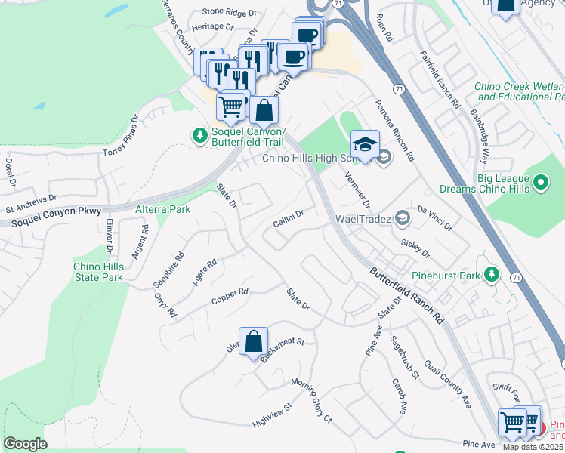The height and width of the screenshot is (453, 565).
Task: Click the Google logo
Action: pyautogui.click(x=26, y=443)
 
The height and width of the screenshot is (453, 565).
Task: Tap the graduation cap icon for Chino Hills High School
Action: pyautogui.click(x=365, y=144)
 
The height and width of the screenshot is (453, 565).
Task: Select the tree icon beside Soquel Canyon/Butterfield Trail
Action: pyautogui.click(x=199, y=135)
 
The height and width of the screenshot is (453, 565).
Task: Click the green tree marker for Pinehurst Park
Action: pyautogui.click(x=492, y=275)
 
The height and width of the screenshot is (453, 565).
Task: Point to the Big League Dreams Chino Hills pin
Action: pyautogui.click(x=541, y=182)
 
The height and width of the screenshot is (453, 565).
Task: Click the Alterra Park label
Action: pyautogui.click(x=162, y=209)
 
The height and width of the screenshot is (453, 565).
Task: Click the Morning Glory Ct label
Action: pyautogui.click(x=311, y=399)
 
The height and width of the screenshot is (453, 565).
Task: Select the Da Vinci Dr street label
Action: pyautogui.click(x=434, y=216)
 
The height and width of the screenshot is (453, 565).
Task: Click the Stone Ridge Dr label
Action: pyautogui.click(x=230, y=12)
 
